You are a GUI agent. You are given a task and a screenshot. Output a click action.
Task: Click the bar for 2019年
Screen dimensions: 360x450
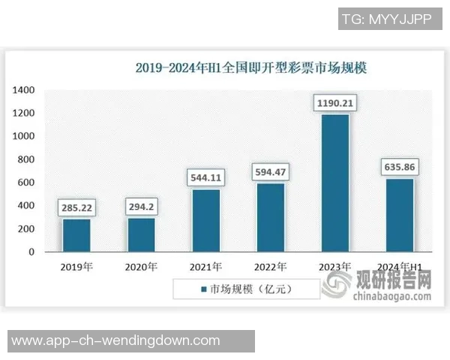[x=76, y=235]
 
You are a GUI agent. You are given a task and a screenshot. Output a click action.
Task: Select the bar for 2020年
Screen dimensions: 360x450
[x=140, y=235]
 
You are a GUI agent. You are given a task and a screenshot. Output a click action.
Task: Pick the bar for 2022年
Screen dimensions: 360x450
[x=270, y=217]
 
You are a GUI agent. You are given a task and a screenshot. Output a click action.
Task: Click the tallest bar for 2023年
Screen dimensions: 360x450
[x=334, y=183]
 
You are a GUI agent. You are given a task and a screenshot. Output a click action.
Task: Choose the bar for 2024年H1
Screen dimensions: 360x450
[x=399, y=215]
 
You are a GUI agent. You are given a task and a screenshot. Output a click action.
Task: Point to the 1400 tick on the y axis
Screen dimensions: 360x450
[x=24, y=90]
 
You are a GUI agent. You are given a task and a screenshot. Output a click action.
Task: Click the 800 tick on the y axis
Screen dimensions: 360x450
[x=27, y=160]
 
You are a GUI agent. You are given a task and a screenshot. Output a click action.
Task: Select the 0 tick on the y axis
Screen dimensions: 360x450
[x=31, y=252]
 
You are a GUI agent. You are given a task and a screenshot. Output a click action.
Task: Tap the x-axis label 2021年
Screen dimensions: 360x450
[x=205, y=267]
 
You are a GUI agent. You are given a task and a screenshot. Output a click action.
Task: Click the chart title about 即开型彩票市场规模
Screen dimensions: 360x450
[x=254, y=67]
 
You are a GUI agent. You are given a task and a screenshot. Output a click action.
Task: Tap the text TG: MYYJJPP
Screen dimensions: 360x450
[x=386, y=19]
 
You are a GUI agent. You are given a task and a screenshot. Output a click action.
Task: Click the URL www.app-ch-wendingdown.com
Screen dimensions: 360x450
[x=116, y=340]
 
